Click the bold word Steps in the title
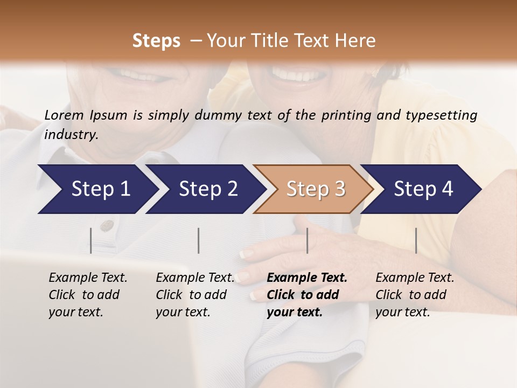(x=156, y=40)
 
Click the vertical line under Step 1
(x=91, y=240)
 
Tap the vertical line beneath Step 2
(x=199, y=240)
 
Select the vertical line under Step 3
(x=307, y=240)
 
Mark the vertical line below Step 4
(x=416, y=240)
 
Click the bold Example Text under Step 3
(x=307, y=278)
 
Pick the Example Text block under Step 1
(x=88, y=295)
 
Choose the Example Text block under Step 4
(x=415, y=295)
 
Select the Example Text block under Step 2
(x=195, y=295)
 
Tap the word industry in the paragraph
(x=71, y=134)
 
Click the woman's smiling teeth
(x=291, y=74)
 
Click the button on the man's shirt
(x=107, y=224)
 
